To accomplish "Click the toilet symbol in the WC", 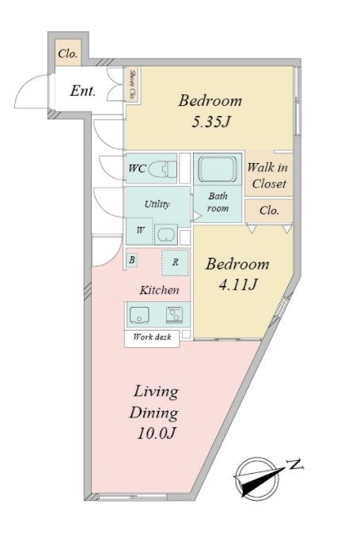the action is pyautogui.click(x=163, y=168).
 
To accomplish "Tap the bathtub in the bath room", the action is pyautogui.click(x=218, y=169).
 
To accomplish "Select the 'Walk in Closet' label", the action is pyautogui.click(x=267, y=176).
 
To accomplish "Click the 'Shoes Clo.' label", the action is pyautogui.click(x=132, y=85).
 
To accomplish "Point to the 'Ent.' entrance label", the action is pyautogui.click(x=82, y=91).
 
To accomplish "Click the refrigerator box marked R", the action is pyautogui.click(x=175, y=263).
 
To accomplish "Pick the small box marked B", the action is pyautogui.click(x=132, y=260).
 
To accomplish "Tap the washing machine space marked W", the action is pyautogui.click(x=140, y=230).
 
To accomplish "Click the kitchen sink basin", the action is pyautogui.click(x=138, y=315).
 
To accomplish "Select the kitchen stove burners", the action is pyautogui.click(x=174, y=315).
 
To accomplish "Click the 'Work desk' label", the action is pyautogui.click(x=152, y=337).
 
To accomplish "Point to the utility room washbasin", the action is pyautogui.click(x=166, y=234).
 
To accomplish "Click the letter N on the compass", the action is pyautogui.click(x=294, y=464).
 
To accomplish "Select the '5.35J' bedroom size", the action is pyautogui.click(x=210, y=122).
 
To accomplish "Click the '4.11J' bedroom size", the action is pyautogui.click(x=237, y=285).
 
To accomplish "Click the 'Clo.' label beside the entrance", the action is pyautogui.click(x=68, y=54).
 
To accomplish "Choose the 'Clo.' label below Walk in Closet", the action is pyautogui.click(x=269, y=210).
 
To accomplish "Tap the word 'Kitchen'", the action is pyautogui.click(x=159, y=290).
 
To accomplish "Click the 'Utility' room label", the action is pyautogui.click(x=157, y=205).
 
